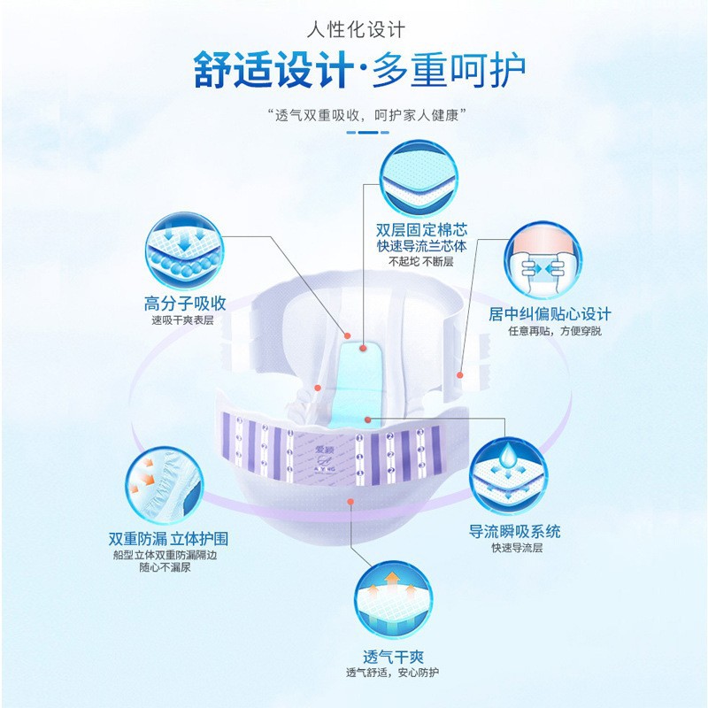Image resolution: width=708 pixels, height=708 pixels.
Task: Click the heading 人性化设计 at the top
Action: [x=354, y=29]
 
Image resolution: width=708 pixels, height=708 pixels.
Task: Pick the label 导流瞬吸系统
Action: [x=514, y=532]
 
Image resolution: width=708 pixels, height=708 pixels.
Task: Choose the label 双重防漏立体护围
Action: [x=173, y=538]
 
